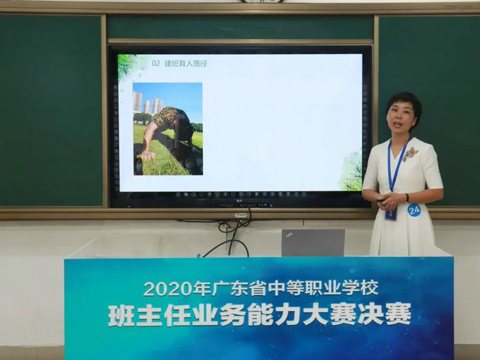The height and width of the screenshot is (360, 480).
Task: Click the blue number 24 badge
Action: [414, 210]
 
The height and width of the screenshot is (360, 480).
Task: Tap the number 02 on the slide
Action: [156, 63]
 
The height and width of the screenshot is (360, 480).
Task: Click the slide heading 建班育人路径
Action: [186, 63]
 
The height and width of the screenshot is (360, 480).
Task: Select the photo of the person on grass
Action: [168, 129]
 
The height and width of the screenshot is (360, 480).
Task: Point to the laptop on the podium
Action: [313, 243]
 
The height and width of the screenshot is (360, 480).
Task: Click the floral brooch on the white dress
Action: [410, 154]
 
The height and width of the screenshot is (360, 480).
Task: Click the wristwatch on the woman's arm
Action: [407, 197]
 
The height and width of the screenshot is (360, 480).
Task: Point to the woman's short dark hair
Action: [404, 103]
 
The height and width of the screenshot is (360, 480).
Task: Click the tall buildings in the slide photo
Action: [147, 103]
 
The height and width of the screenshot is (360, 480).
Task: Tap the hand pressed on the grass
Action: [149, 155]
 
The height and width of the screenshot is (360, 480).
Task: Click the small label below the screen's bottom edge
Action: [241, 215]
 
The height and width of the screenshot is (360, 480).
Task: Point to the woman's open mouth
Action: [398, 124]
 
